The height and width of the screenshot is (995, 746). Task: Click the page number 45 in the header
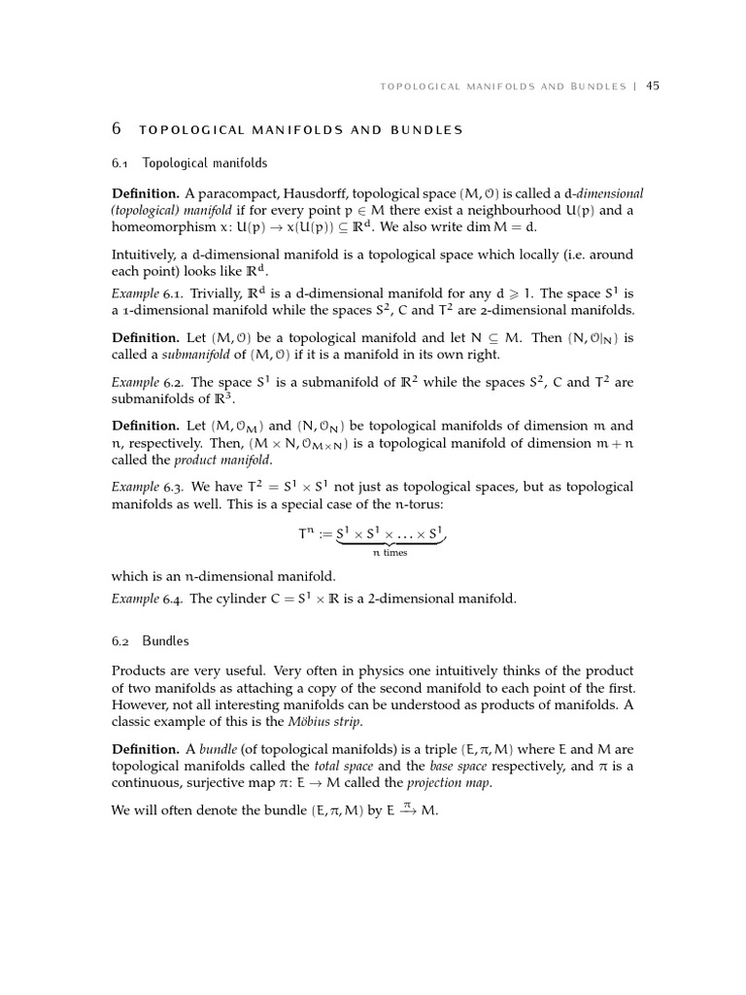tap(653, 86)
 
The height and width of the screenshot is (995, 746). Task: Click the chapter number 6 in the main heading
tap(117, 129)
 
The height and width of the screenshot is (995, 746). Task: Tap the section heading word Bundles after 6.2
tap(165, 641)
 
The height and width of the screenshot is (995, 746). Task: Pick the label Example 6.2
tap(147, 383)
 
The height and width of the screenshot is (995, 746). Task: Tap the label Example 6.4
tap(147, 599)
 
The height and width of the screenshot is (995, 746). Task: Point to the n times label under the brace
tap(390, 553)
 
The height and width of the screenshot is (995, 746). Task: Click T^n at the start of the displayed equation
tap(307, 534)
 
